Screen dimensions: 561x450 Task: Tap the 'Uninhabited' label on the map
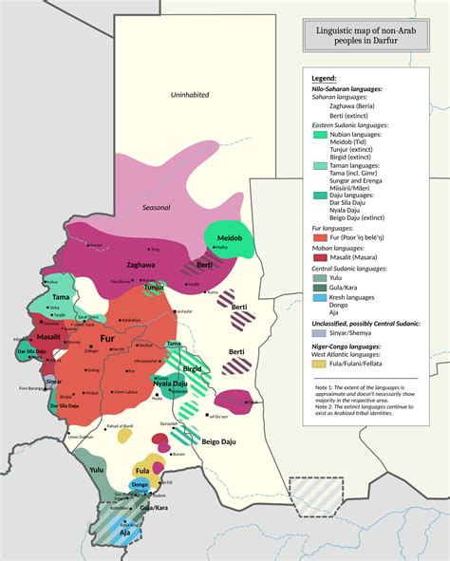pos(189,95)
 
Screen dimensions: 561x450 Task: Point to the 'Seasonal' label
pos(157,208)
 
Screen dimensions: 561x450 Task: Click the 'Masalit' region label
pos(49,337)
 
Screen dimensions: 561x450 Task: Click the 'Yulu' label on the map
pos(97,469)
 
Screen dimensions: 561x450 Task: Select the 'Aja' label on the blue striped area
pos(124,533)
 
